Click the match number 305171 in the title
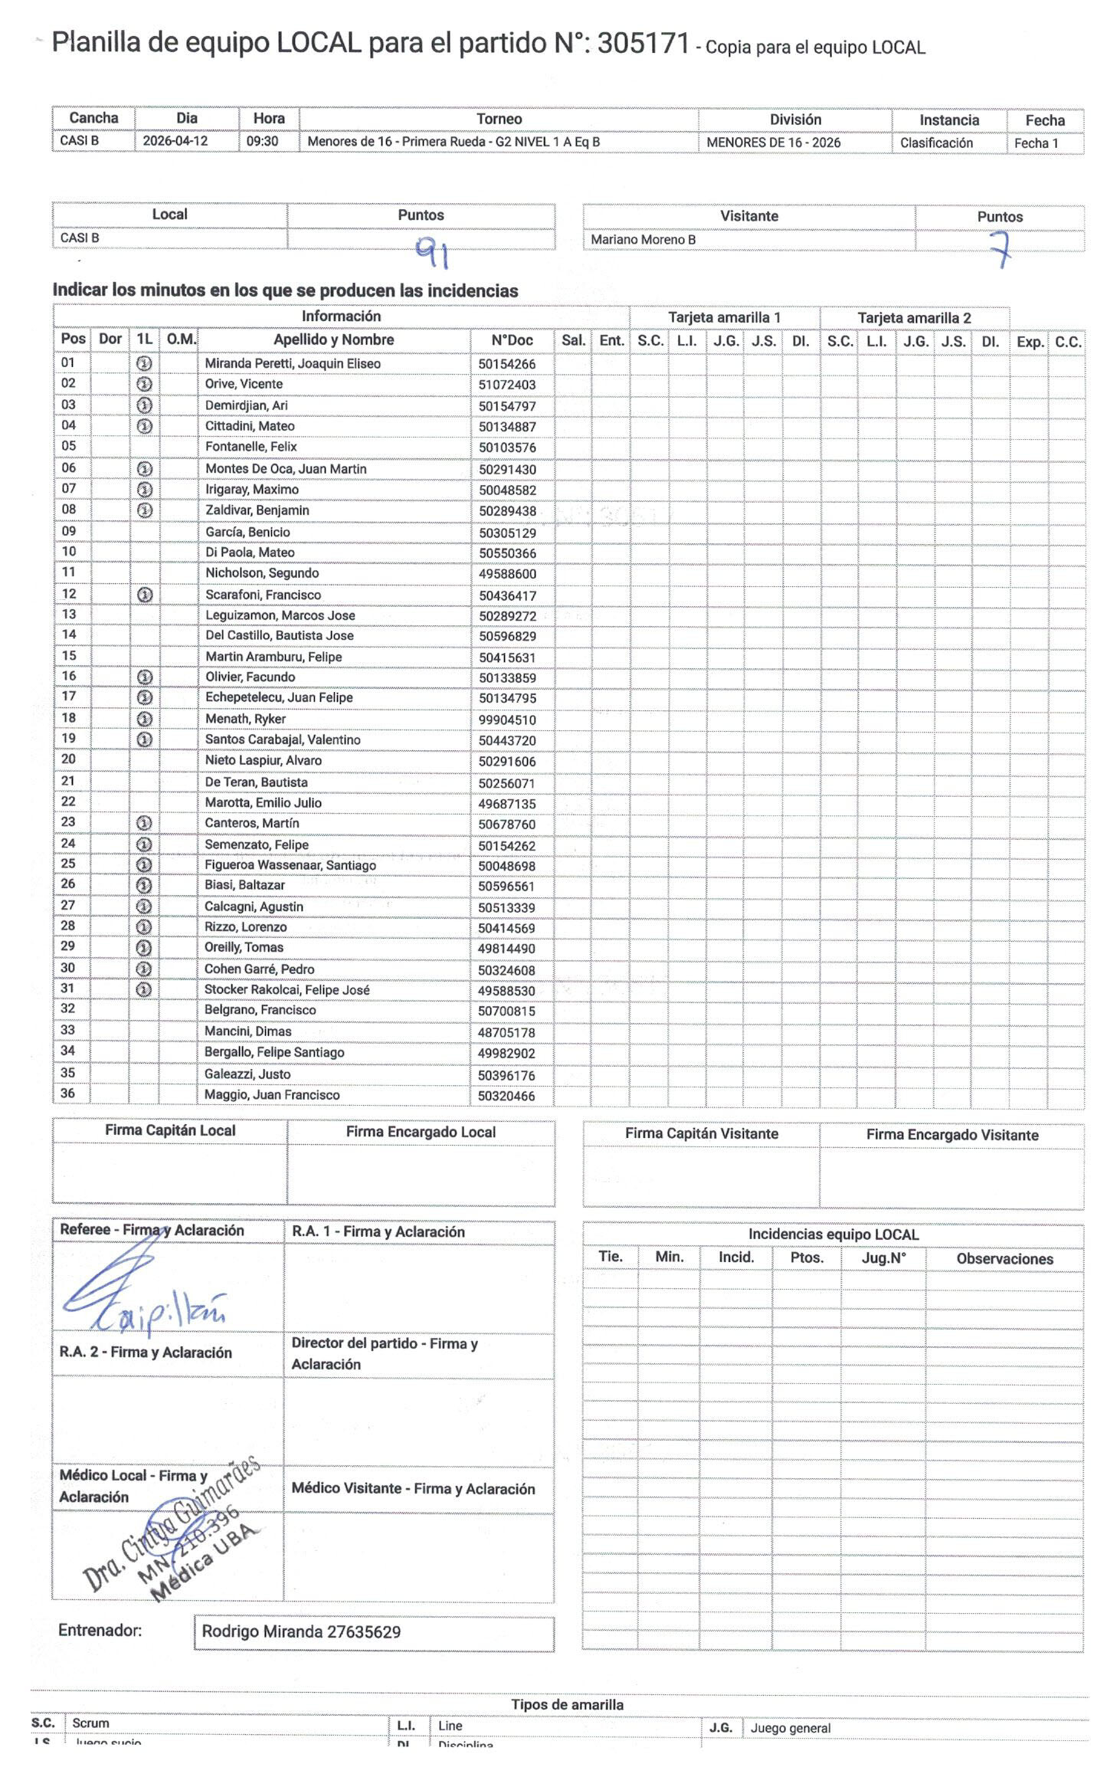643,44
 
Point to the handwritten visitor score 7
999,248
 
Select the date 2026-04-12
175,141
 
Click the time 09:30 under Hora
262,141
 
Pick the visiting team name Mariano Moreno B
643,240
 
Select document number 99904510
507,720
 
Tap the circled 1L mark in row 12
144,595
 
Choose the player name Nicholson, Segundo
262,573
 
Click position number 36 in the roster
68,1094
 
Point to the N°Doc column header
512,340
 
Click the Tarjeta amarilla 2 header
914,318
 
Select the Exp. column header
1030,342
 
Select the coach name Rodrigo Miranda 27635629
301,1632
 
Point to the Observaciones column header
1004,1259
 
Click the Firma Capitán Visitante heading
701,1133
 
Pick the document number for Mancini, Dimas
506,1032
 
